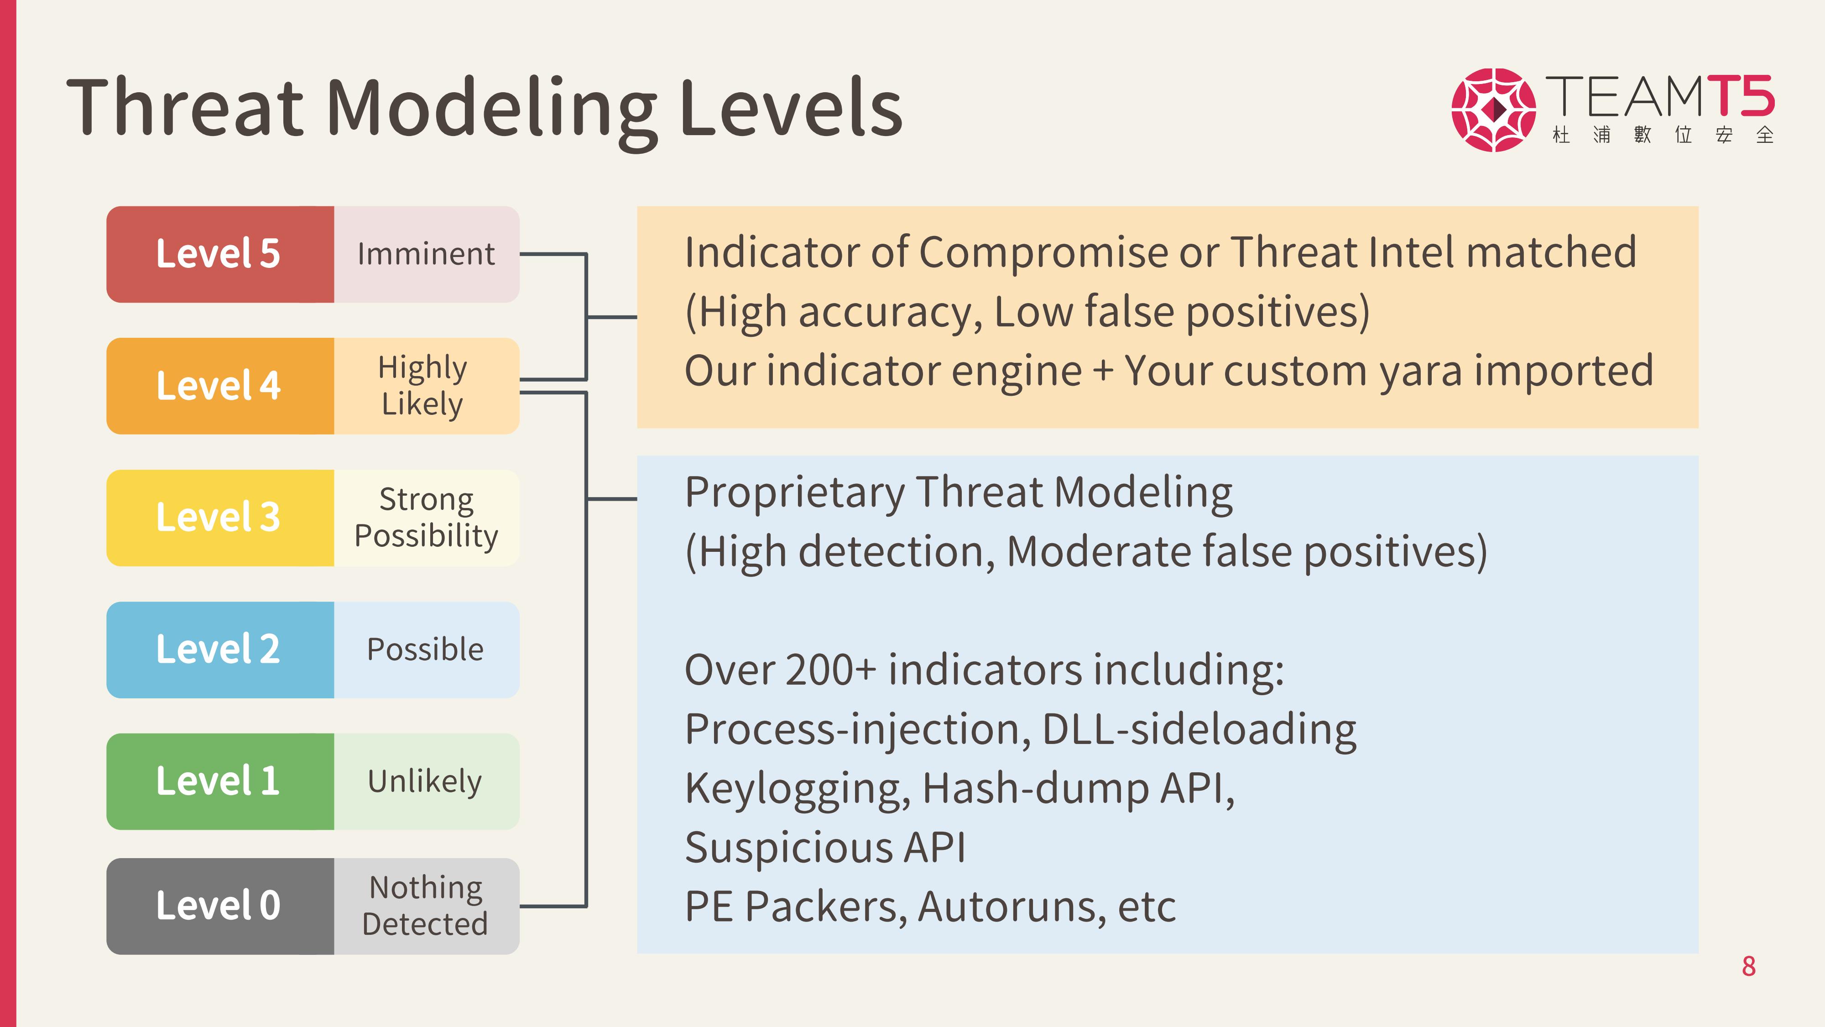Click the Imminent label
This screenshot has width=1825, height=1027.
tap(426, 254)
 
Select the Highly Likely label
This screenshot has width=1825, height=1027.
tap(423, 386)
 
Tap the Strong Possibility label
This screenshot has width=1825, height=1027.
tap(427, 518)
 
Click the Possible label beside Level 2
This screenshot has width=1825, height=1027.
tap(425, 649)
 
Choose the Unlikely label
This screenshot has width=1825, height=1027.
tap(425, 781)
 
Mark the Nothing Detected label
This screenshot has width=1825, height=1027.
tap(425, 906)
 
